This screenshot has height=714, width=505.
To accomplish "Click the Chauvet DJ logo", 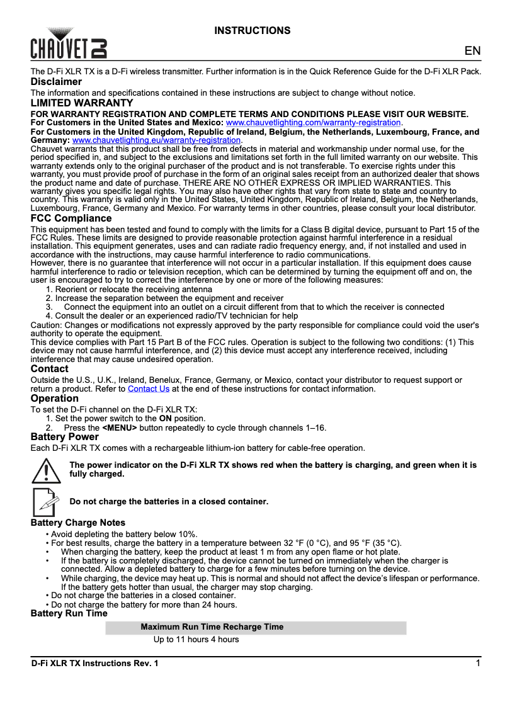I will click(x=69, y=43).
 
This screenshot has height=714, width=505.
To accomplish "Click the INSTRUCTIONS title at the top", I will click(x=252, y=31).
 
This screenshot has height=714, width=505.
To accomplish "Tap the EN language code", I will click(x=472, y=51).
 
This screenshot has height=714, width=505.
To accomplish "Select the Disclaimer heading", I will click(x=57, y=82).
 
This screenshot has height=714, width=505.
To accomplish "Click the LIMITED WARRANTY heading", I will click(x=82, y=103).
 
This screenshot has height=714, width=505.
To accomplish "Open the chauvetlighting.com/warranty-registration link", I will click(x=313, y=122).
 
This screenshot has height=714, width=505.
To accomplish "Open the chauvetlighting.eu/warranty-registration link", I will click(x=157, y=140).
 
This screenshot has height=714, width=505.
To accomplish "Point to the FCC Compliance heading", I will click(x=71, y=218).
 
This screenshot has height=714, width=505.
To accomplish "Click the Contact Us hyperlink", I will click(x=149, y=389).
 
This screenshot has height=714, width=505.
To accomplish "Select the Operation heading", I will click(x=55, y=399).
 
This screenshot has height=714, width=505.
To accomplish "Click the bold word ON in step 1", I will click(x=165, y=418).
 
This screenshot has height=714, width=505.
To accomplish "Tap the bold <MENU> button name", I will click(x=120, y=428).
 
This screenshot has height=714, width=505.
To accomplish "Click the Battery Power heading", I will click(x=65, y=437).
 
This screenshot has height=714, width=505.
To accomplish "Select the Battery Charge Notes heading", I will click(x=78, y=523).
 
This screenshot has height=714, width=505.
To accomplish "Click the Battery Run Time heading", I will click(x=69, y=613).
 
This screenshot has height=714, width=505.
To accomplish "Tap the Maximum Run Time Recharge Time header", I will click(x=212, y=627).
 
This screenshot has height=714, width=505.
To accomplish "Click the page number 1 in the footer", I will click(x=479, y=664).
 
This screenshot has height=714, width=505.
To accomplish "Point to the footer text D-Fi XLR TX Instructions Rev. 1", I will click(x=95, y=664).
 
